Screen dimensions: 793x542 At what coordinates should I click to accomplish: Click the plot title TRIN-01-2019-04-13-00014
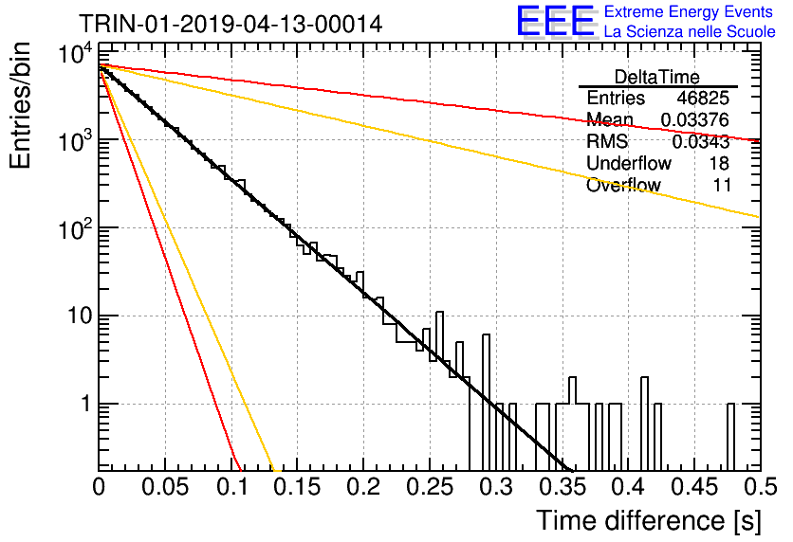(231, 24)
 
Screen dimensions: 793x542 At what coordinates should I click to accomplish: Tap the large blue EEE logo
(555, 21)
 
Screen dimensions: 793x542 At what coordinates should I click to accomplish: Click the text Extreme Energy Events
(689, 11)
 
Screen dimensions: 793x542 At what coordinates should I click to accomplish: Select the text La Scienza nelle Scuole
(690, 31)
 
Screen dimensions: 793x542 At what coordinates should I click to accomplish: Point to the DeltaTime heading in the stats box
(656, 77)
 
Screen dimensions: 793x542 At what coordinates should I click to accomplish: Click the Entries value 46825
(703, 98)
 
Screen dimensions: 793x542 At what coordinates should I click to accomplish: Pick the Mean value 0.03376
(695, 119)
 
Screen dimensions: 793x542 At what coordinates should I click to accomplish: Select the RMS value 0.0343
(700, 142)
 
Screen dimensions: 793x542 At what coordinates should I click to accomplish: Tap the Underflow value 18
(718, 163)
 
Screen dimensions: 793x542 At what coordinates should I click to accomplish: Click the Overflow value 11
(722, 185)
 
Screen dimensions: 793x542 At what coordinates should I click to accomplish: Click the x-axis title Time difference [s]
(649, 520)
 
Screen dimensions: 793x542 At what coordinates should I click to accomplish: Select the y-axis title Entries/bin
(20, 106)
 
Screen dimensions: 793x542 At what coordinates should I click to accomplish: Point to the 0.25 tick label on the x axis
(430, 487)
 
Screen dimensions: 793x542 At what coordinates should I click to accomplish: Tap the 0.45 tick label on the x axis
(695, 487)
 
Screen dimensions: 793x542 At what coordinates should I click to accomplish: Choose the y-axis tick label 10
(80, 316)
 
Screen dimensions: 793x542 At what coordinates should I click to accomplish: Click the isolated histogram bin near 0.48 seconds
(730, 437)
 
